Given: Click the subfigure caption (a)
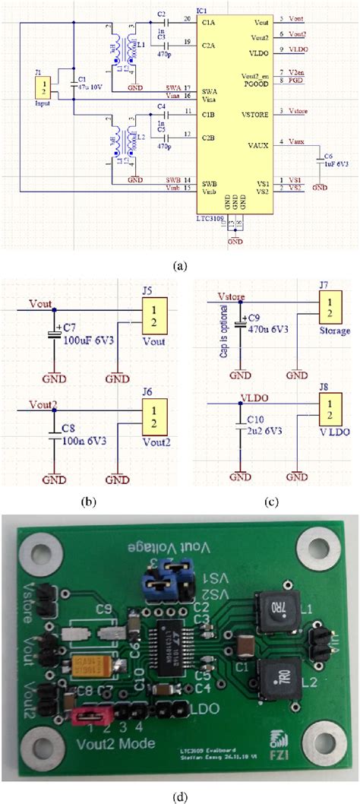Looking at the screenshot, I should click(180, 266).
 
